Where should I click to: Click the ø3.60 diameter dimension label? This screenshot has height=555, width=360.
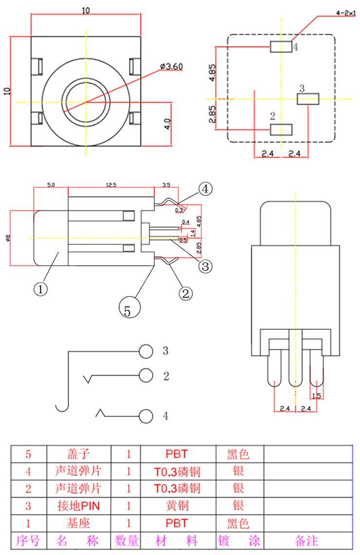coord(170,66)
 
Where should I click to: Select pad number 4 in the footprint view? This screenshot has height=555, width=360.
coord(281,47)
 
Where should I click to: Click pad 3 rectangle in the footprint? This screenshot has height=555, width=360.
coord(307,99)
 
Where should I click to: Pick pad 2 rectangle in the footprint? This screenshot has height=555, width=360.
coord(281,129)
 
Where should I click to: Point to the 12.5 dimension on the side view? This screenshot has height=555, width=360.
coord(111,185)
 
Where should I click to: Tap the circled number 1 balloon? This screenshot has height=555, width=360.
coord(41,288)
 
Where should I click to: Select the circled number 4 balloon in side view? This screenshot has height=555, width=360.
coord(205,189)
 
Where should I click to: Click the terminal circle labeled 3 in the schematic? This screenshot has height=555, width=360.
coord(145,351)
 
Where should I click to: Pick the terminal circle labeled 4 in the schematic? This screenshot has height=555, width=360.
coord(145,416)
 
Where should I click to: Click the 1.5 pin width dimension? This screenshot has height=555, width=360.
coord(316,396)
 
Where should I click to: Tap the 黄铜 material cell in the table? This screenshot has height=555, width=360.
coord(178,506)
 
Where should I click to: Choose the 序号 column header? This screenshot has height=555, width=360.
coord(28,540)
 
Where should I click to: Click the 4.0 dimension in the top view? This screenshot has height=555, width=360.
coord(167,124)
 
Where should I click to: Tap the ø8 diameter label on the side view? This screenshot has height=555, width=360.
coord(6,238)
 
